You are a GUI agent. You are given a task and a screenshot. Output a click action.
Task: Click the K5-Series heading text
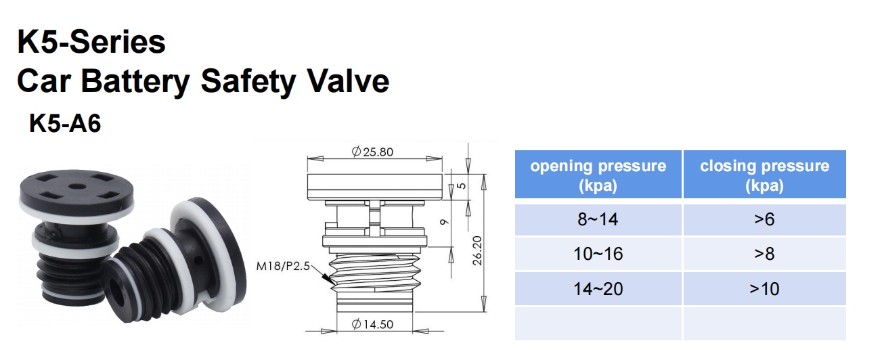coord(91,42)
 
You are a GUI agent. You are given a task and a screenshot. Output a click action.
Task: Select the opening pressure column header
coord(598,175)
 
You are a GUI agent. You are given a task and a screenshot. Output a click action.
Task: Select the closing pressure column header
coord(764,175)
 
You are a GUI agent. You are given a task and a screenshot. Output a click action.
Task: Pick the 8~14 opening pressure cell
coord(598,219)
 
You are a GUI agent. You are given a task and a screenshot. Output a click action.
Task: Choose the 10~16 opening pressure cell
coord(598,254)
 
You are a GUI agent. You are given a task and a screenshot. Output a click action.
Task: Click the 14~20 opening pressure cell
coord(598,289)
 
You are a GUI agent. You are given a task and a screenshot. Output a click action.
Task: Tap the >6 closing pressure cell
coord(764,219)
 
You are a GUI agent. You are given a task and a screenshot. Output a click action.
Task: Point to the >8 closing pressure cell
coord(764,254)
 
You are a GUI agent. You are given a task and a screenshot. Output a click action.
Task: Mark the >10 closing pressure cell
coord(764,289)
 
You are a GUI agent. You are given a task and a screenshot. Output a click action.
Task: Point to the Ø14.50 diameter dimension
coord(372,325)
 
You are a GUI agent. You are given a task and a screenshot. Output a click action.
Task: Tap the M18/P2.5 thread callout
coord(282,266)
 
